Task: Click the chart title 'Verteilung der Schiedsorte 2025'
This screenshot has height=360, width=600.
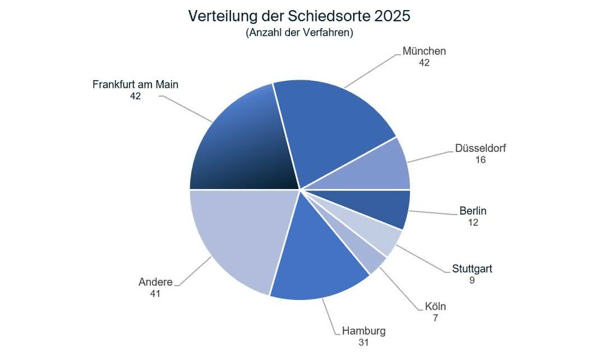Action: tap(299, 16)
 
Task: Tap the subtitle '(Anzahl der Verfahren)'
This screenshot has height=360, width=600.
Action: tap(299, 33)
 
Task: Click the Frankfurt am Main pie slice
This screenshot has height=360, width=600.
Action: tap(241, 146)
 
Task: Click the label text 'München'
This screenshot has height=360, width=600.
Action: tap(424, 51)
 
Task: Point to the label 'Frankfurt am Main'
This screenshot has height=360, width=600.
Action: tap(135, 85)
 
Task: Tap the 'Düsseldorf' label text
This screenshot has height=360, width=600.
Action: tap(481, 149)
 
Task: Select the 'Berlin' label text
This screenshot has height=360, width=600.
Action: tap(473, 211)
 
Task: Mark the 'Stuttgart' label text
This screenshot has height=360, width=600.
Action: tap(472, 269)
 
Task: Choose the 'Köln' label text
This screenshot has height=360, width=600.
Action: tap(435, 306)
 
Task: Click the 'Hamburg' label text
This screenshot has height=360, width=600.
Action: tap(364, 330)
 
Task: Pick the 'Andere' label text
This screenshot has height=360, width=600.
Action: tap(155, 281)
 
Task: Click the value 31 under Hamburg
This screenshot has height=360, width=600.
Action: tap(364, 341)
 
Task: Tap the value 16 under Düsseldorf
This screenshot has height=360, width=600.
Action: tap(479, 160)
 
